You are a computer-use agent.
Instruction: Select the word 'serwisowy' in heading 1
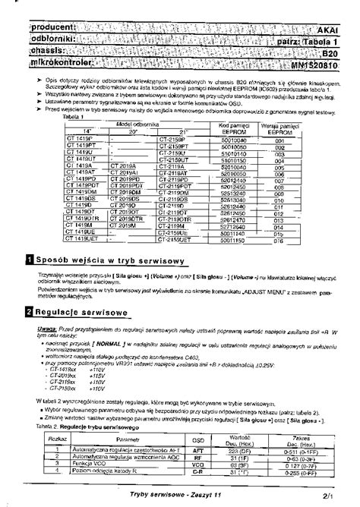[156, 260]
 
